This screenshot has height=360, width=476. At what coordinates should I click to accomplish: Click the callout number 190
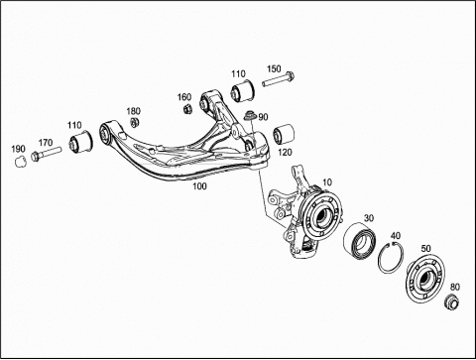(x=18, y=149)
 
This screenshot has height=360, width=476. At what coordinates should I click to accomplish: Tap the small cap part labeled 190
(x=21, y=162)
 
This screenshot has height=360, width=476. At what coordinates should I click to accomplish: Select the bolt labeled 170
(x=46, y=154)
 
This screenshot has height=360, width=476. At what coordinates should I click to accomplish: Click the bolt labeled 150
(x=278, y=79)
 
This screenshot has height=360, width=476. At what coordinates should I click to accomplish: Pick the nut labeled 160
(x=187, y=108)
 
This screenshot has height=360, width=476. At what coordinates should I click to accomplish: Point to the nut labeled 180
(x=135, y=122)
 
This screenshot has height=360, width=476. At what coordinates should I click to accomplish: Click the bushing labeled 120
(x=284, y=134)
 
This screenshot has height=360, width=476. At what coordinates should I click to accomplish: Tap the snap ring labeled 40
(x=391, y=258)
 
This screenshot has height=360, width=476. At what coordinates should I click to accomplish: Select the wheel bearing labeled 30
(x=358, y=240)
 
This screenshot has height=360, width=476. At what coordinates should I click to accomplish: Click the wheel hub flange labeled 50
(x=425, y=278)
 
